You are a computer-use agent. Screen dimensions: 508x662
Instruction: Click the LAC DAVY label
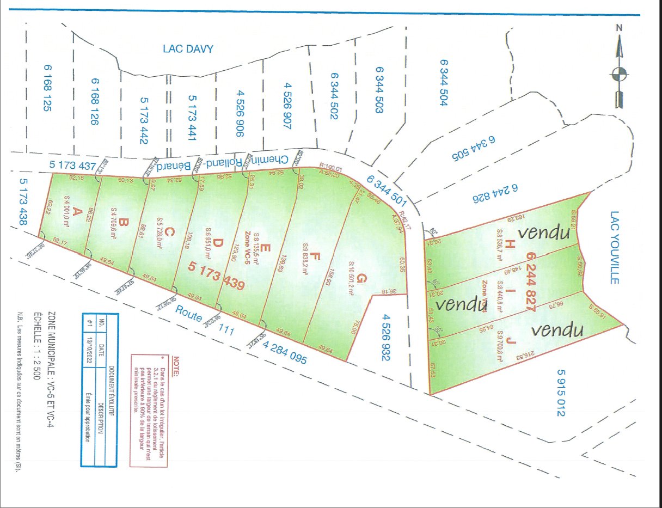click(x=188, y=49)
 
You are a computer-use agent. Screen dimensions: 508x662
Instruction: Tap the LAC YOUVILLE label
click(x=615, y=248)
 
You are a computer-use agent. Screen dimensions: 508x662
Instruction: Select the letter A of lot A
click(x=77, y=210)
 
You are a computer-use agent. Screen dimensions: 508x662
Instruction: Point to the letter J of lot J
click(x=511, y=341)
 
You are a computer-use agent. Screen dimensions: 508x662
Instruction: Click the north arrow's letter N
click(x=619, y=28)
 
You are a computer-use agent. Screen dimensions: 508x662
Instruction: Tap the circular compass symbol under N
click(x=620, y=74)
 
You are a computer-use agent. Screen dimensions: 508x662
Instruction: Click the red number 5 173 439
click(x=217, y=275)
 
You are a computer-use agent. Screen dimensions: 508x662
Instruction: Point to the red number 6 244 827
click(x=531, y=280)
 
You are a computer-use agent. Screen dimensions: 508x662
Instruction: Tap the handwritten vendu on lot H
click(x=543, y=233)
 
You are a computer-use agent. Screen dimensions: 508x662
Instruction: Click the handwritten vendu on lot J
click(x=557, y=329)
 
